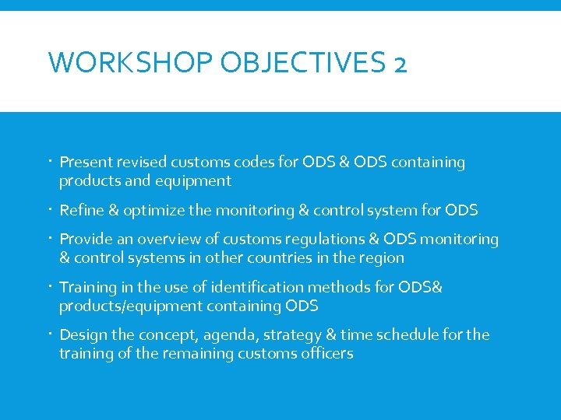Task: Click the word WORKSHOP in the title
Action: coord(130,63)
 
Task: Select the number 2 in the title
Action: coord(400,63)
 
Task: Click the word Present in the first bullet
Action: coord(86,163)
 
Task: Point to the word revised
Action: coord(143,163)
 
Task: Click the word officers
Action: coord(326,353)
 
